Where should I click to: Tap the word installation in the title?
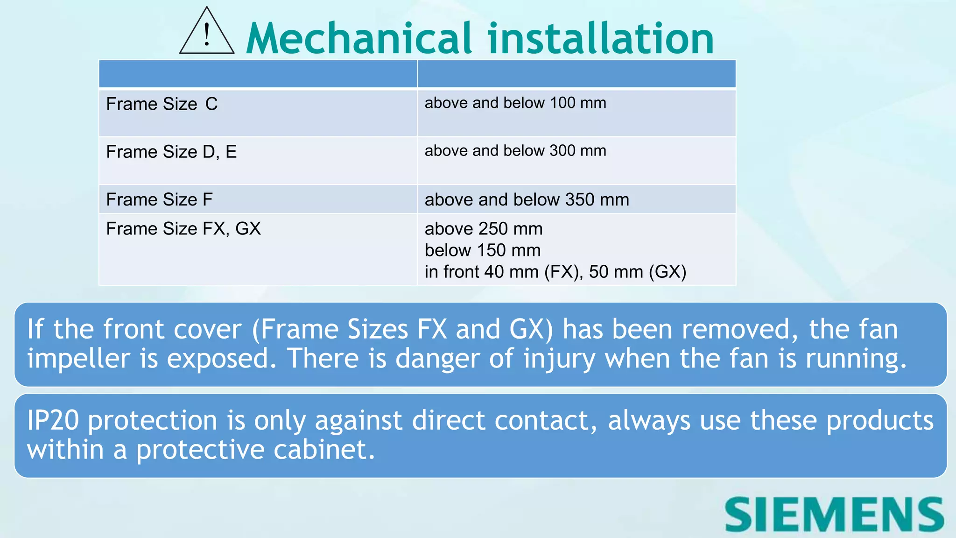pyautogui.click(x=601, y=38)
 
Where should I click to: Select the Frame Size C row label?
pyautogui.click(x=162, y=104)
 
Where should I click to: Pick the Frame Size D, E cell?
pyautogui.click(x=171, y=152)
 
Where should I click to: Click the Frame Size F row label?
pyautogui.click(x=159, y=199)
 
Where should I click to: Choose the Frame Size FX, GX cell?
pyautogui.click(x=183, y=229)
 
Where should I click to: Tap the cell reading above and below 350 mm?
pyautogui.click(x=527, y=199)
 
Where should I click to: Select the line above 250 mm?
pyautogui.click(x=484, y=229)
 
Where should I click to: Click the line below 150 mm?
pyautogui.click(x=483, y=250)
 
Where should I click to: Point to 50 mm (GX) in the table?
pyautogui.click(x=637, y=272)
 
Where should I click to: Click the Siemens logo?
pyautogui.click(x=834, y=515)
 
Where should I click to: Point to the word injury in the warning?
pyautogui.click(x=559, y=359)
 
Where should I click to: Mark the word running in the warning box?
pyautogui.click(x=856, y=359)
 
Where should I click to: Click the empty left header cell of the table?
pyautogui.click(x=258, y=74)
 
